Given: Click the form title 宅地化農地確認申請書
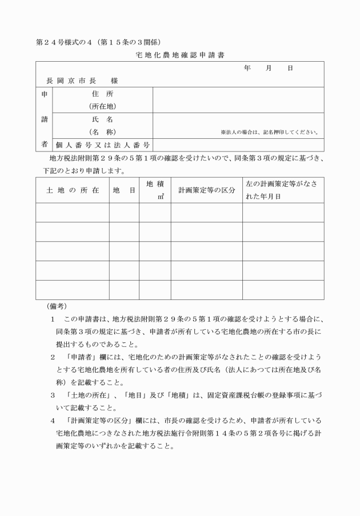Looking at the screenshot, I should click(x=181, y=55).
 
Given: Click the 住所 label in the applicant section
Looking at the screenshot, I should click(x=102, y=93).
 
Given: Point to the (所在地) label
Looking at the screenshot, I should click(x=102, y=106).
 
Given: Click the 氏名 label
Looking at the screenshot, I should click(x=102, y=119).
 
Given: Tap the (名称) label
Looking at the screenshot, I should click(x=102, y=132).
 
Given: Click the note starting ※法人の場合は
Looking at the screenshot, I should click(x=269, y=133).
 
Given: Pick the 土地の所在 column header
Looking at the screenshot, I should click(x=73, y=190).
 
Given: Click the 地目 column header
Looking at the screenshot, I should click(x=124, y=190).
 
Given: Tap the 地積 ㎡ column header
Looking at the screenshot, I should click(x=155, y=190).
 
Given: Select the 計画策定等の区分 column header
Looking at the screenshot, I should click(x=206, y=190).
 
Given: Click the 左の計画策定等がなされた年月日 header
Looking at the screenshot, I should click(x=283, y=190).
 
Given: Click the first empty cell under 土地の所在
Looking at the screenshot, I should click(x=73, y=212).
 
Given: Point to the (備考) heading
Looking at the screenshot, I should click(x=55, y=306).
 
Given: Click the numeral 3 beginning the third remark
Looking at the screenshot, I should click(x=53, y=394).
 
